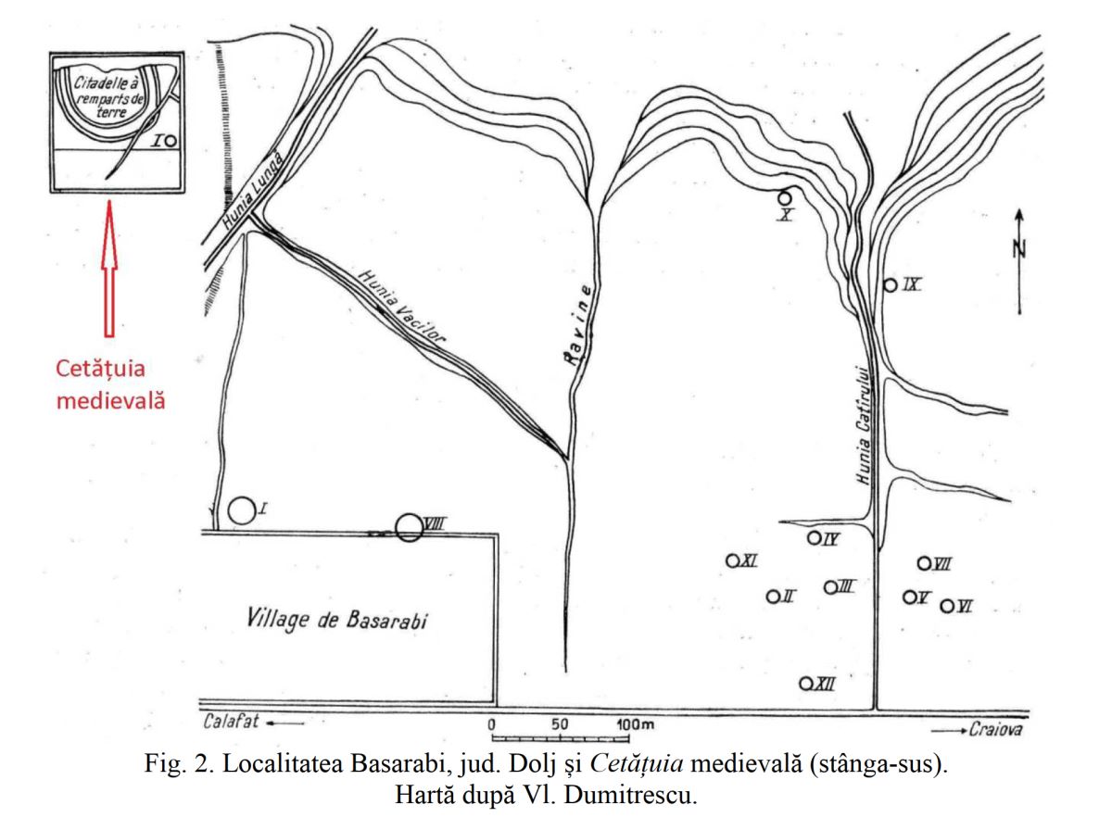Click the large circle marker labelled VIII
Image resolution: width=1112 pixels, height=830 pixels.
click(x=409, y=527)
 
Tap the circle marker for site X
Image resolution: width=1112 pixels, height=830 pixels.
click(x=784, y=197)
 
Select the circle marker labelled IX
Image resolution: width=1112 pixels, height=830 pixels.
click(x=890, y=285)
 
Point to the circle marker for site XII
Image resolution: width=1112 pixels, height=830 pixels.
click(x=806, y=684)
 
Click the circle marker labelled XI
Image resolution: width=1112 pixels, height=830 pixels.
click(x=731, y=560)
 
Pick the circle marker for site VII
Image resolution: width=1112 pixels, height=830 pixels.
click(x=924, y=562)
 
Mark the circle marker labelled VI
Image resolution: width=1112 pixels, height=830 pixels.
click(x=947, y=606)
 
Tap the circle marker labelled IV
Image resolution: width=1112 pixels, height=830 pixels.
click(x=815, y=538)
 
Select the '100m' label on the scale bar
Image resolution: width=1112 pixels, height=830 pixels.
click(x=635, y=723)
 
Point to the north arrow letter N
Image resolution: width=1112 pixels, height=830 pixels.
click(x=1017, y=247)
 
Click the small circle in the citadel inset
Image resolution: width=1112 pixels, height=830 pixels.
click(x=171, y=141)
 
